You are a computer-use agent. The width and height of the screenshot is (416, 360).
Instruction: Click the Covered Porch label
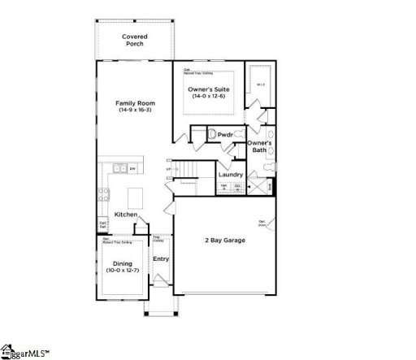pyautogui.click(x=134, y=40)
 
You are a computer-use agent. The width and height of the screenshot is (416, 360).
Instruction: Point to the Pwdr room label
pyautogui.click(x=225, y=135)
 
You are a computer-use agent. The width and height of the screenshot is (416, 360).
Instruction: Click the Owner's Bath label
pyautogui.click(x=258, y=146)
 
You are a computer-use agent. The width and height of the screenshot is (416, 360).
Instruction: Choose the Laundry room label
pyautogui.click(x=231, y=175)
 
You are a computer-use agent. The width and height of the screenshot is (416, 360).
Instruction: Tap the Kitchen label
pyautogui.click(x=125, y=214)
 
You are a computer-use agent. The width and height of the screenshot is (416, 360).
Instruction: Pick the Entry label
pyautogui.click(x=161, y=259)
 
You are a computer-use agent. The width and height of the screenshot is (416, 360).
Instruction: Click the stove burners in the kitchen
pyautogui.click(x=104, y=194)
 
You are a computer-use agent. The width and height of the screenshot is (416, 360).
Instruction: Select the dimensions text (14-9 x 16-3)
pyautogui.click(x=135, y=111)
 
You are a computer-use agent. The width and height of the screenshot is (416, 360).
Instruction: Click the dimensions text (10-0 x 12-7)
pyautogui.click(x=122, y=270)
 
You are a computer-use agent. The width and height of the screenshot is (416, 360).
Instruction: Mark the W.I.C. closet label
pyautogui.click(x=260, y=85)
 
